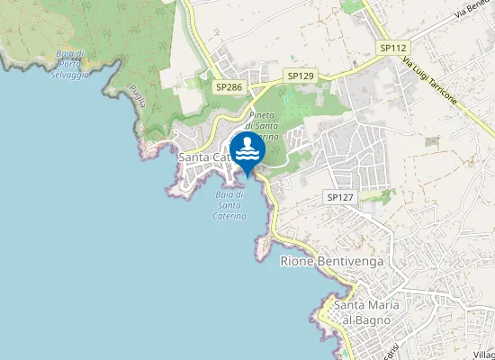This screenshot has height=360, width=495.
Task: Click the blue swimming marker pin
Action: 247,150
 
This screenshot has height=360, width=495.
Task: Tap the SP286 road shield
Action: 229,87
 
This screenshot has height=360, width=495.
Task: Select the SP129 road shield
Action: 300,76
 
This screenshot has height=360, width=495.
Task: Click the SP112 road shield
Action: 393,48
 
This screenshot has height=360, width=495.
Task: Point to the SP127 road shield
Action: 338,196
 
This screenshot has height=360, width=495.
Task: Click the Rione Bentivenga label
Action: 333,261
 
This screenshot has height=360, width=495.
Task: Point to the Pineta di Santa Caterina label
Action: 263,126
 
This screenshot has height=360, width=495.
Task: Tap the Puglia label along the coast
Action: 137,96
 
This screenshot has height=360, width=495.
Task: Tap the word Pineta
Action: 261,116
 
